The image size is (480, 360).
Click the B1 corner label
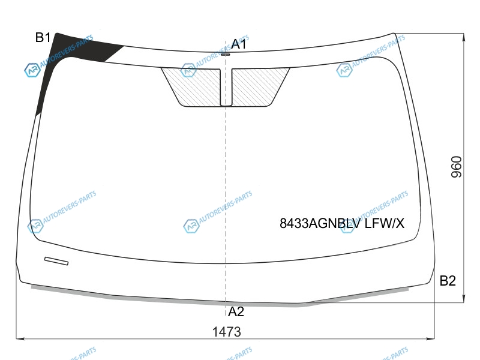click(x=43, y=37)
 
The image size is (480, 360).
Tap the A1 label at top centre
click(x=239, y=44)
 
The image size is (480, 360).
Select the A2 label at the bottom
click(x=236, y=311)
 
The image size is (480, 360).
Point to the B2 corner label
click(x=448, y=280)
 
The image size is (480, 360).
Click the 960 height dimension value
click(x=456, y=167)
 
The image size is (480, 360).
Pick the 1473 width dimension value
click(x=227, y=332)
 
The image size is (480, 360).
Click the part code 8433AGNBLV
click(x=320, y=223)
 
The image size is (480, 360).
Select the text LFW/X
click(x=385, y=223)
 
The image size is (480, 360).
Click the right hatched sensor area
click(x=259, y=87)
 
